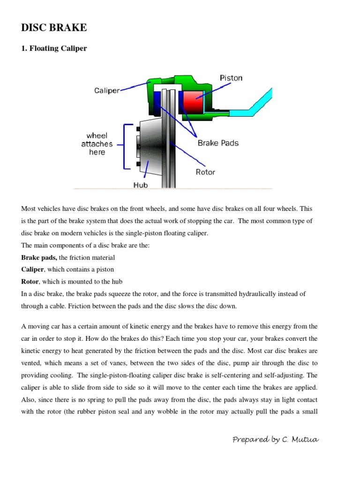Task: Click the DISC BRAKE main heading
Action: click(x=54, y=28)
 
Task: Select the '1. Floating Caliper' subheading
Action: click(x=54, y=48)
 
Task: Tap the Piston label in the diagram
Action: click(x=231, y=78)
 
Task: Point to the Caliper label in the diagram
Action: click(x=107, y=90)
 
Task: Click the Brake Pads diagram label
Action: click(x=218, y=143)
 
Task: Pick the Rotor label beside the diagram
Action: click(x=205, y=172)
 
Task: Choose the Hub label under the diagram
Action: click(x=140, y=185)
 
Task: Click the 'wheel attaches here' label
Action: click(x=97, y=144)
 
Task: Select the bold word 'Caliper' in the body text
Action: click(x=33, y=270)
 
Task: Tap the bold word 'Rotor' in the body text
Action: click(x=30, y=282)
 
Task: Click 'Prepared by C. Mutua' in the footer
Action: click(x=276, y=439)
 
